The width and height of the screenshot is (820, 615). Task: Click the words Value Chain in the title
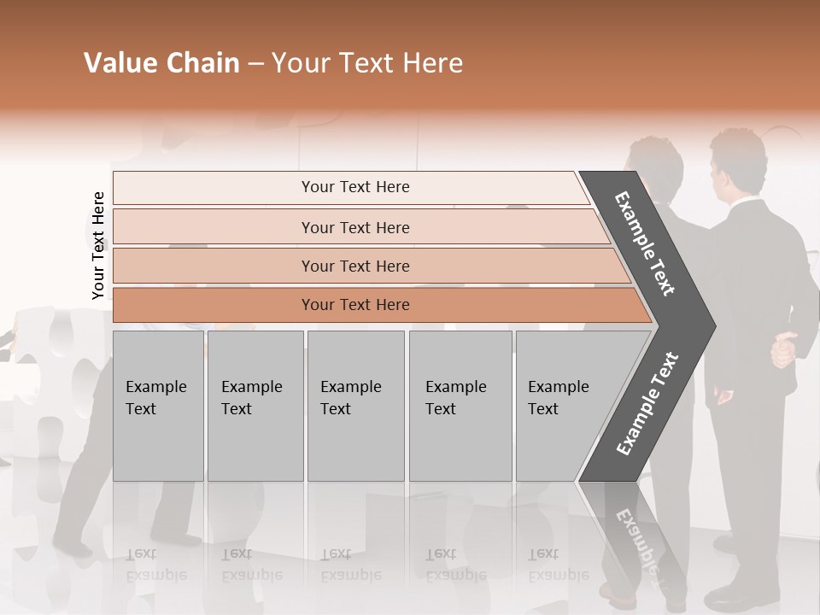161,63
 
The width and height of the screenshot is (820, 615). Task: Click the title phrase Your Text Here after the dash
367,63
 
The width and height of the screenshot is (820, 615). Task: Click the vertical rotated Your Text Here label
98,245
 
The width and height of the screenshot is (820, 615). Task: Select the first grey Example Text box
158,406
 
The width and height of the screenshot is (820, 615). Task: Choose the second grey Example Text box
255,406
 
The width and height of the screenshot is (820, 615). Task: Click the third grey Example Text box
355,406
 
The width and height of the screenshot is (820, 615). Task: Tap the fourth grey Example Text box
460,406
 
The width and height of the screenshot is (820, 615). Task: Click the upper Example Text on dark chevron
645,243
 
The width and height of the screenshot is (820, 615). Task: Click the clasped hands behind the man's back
784,351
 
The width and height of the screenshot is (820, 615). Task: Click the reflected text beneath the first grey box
156,565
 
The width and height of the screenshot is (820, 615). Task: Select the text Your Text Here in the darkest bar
355,305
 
